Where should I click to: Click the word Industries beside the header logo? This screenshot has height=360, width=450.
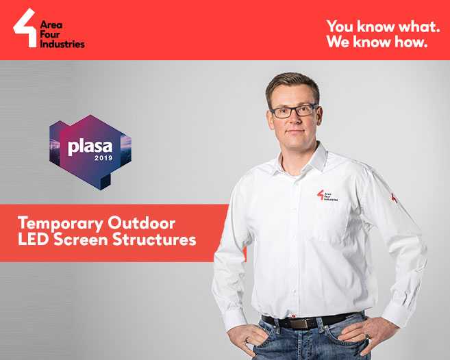63,44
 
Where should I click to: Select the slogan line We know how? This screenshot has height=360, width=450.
377,42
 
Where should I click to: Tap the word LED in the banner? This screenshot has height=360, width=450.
32,240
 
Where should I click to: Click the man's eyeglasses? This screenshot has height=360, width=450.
293,110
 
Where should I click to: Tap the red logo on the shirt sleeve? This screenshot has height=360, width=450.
395,198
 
